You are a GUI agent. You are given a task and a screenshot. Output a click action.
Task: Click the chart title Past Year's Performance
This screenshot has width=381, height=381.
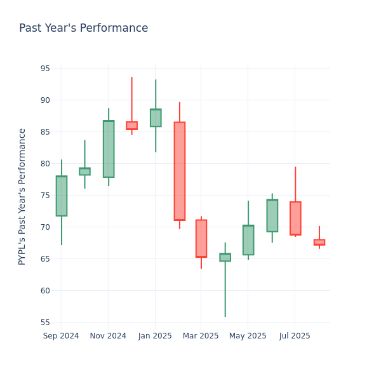(x=83, y=29)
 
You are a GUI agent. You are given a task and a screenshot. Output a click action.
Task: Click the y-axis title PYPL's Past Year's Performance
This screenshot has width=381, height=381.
(x=22, y=196)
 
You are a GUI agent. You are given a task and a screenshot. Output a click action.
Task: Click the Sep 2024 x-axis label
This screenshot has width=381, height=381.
(x=61, y=336)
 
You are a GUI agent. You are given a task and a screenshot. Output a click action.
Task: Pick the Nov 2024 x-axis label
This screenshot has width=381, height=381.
(x=108, y=336)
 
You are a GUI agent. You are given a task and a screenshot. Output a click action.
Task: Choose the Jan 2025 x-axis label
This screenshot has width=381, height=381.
(x=155, y=336)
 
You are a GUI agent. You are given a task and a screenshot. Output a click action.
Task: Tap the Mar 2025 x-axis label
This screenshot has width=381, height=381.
(x=201, y=336)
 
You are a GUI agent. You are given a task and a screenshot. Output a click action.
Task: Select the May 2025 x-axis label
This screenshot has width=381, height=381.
(x=248, y=336)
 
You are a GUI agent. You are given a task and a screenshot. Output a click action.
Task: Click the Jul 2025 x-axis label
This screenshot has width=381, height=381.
(x=295, y=336)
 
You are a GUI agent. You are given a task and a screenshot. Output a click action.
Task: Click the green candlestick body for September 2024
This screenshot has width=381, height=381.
(x=62, y=196)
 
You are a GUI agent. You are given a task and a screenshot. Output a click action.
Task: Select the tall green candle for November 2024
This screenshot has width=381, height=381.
(x=109, y=149)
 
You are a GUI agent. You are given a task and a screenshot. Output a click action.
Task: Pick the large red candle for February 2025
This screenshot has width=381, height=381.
(x=180, y=171)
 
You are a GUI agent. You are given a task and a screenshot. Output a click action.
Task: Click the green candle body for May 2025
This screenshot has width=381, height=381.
(x=248, y=240)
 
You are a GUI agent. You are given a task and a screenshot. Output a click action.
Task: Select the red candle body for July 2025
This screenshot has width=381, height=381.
(x=295, y=218)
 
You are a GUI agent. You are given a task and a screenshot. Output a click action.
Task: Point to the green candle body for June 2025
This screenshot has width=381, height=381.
(x=272, y=216)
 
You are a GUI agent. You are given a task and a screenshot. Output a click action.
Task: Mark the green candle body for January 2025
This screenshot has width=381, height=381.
(x=156, y=117)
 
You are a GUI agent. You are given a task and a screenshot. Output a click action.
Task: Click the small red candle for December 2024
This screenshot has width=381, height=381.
(x=131, y=126)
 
